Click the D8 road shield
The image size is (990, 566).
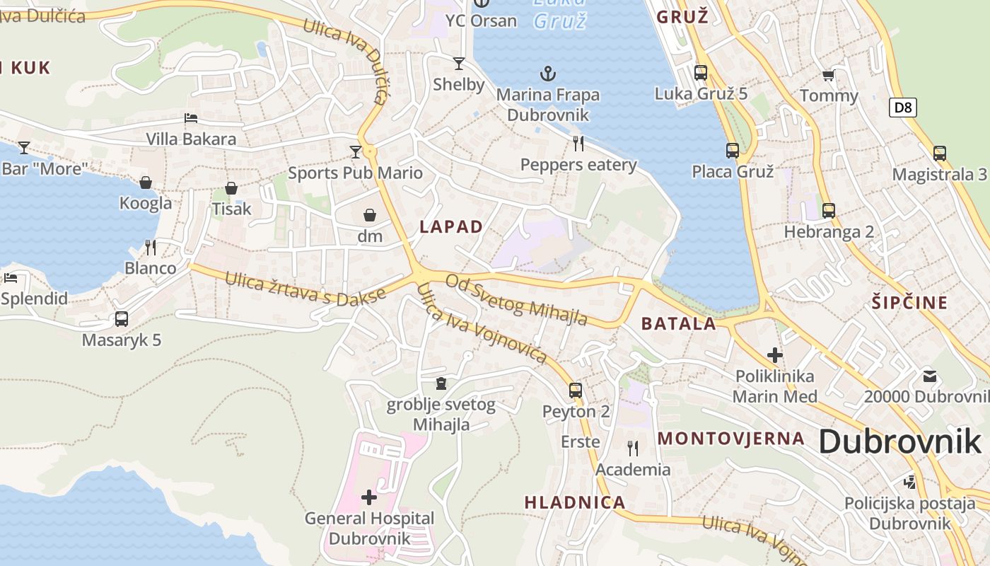(903, 108)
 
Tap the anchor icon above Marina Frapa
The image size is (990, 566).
(547, 73)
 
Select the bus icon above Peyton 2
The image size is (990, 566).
(576, 390)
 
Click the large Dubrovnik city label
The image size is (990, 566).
(899, 442)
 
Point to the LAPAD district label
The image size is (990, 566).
(451, 227)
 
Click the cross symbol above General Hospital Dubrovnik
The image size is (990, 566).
(369, 497)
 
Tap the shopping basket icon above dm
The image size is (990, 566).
(370, 215)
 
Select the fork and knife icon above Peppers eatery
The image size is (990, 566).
(578, 144)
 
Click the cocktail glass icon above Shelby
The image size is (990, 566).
(459, 64)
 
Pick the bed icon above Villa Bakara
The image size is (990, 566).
(190, 118)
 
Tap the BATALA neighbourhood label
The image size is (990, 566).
(678, 324)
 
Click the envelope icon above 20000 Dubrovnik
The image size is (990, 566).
(929, 376)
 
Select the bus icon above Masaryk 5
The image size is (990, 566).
(122, 319)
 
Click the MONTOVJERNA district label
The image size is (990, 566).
(731, 439)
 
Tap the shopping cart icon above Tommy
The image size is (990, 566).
(829, 75)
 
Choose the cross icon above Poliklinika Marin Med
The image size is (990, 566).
(775, 355)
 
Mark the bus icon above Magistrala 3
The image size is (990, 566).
(939, 154)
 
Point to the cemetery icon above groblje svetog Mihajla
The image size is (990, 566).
(441, 383)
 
